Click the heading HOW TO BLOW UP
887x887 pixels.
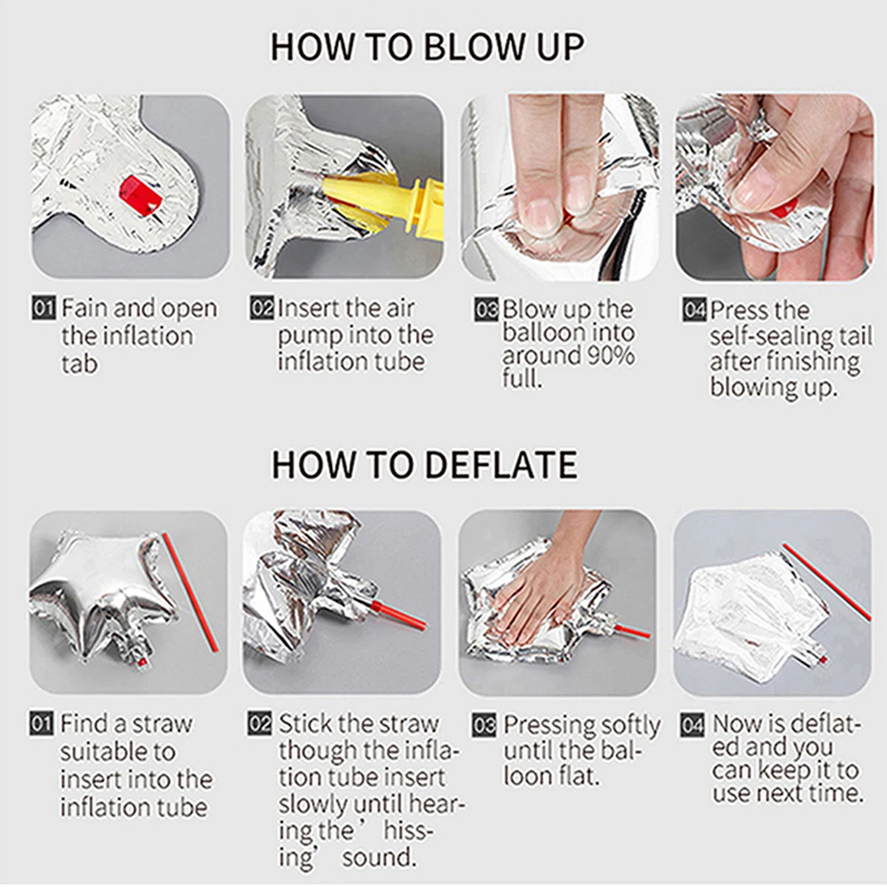tap(426, 47)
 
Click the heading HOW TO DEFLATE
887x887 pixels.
tap(424, 465)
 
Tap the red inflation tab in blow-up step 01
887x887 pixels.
tap(140, 195)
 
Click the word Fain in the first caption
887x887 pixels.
tap(85, 308)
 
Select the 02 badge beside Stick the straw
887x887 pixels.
tap(259, 724)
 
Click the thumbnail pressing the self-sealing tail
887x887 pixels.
tap(774, 187)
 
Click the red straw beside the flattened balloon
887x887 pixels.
tap(826, 582)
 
